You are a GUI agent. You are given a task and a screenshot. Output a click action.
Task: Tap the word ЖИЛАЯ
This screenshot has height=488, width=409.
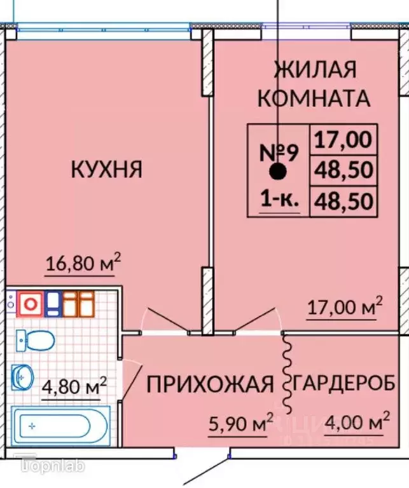tap(314, 69)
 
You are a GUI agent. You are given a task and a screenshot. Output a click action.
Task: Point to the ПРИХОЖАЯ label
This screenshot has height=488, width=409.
tap(210, 384)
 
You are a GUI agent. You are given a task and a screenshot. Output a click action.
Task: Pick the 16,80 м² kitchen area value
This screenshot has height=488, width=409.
tap(83, 264)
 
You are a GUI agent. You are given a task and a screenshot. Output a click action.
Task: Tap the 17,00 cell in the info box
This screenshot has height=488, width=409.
tap(342, 139)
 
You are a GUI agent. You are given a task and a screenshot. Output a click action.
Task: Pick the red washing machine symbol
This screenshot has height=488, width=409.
tap(29, 304)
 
